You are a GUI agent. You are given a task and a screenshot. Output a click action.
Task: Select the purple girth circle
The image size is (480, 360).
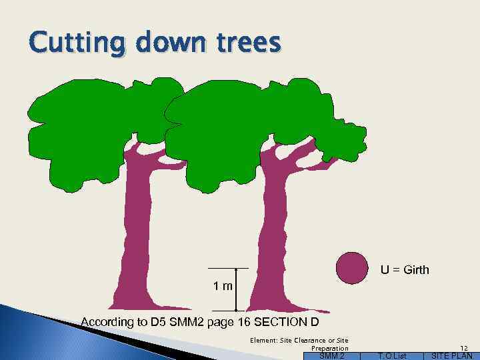(x=352, y=268)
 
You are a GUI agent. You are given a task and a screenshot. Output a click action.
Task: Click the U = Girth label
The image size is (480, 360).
(x=405, y=270)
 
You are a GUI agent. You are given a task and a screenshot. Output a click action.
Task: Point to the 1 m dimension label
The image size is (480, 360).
(x=223, y=287)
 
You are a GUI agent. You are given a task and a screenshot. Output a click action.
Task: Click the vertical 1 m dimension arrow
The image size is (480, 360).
(x=236, y=290)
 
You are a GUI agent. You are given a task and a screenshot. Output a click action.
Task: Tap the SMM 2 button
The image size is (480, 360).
(x=331, y=356)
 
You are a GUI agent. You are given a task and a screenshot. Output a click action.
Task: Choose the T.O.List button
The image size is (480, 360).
(x=391, y=356)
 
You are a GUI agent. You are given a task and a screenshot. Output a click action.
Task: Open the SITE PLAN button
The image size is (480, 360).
(x=452, y=356)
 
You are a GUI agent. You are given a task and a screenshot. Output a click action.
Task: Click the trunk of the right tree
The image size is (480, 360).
(x=273, y=227)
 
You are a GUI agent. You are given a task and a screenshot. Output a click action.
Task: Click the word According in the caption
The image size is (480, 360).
(x=107, y=323)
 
